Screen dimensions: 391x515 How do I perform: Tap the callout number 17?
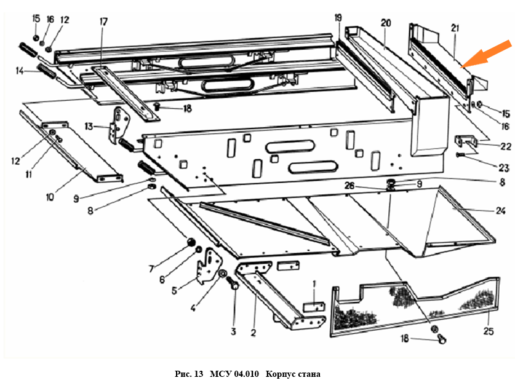(x=103, y=22)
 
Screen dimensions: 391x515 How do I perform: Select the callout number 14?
(x=20, y=71)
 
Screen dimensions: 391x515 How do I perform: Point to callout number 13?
(x=89, y=126)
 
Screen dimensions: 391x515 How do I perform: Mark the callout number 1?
(x=314, y=283)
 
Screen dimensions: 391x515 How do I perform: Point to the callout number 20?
(x=386, y=23)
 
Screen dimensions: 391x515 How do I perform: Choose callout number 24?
(x=500, y=211)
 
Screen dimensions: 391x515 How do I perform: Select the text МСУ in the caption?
(x=220, y=374)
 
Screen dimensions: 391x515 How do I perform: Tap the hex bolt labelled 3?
(x=234, y=286)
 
